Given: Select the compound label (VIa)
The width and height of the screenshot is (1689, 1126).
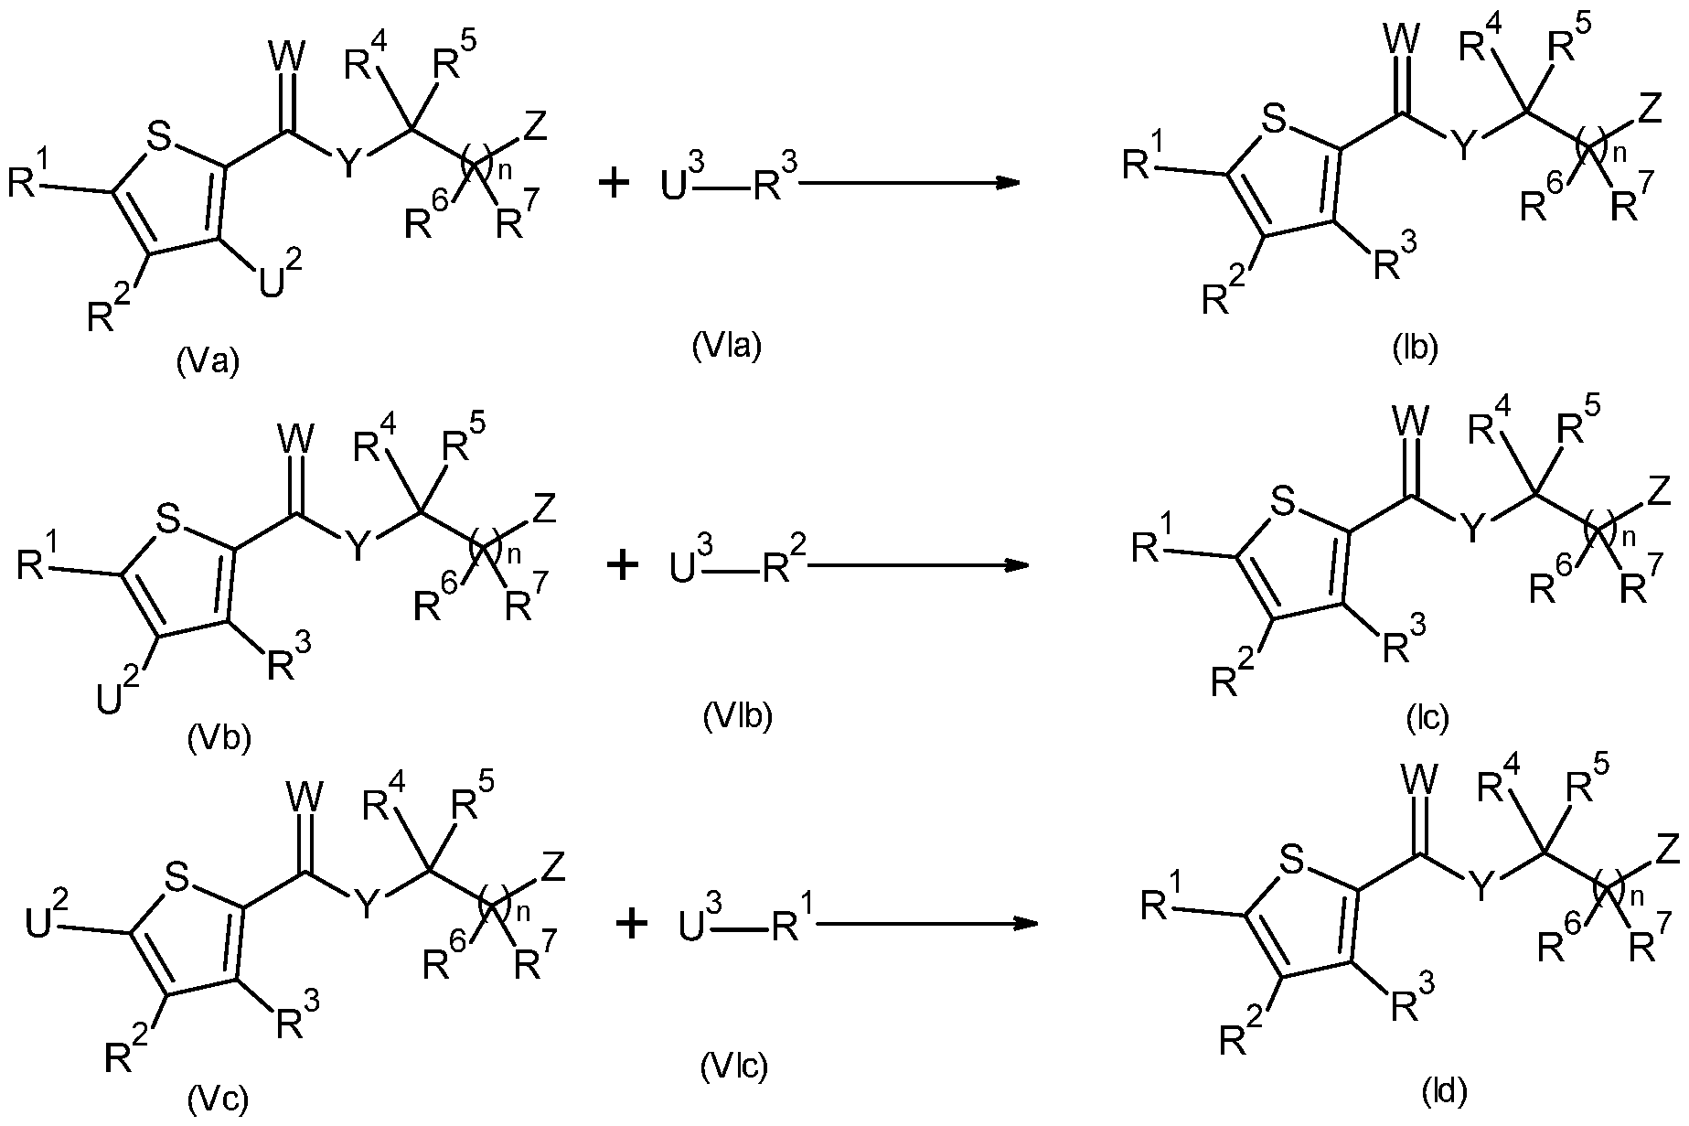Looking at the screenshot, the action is click(x=727, y=346).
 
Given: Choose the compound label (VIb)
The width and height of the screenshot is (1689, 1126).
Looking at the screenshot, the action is click(x=738, y=717).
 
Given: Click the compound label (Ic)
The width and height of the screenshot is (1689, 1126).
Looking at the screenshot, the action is click(x=1427, y=719).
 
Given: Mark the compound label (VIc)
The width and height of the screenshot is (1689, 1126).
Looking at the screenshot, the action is click(x=734, y=1065).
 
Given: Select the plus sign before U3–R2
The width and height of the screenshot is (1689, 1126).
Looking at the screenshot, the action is click(x=624, y=564).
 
